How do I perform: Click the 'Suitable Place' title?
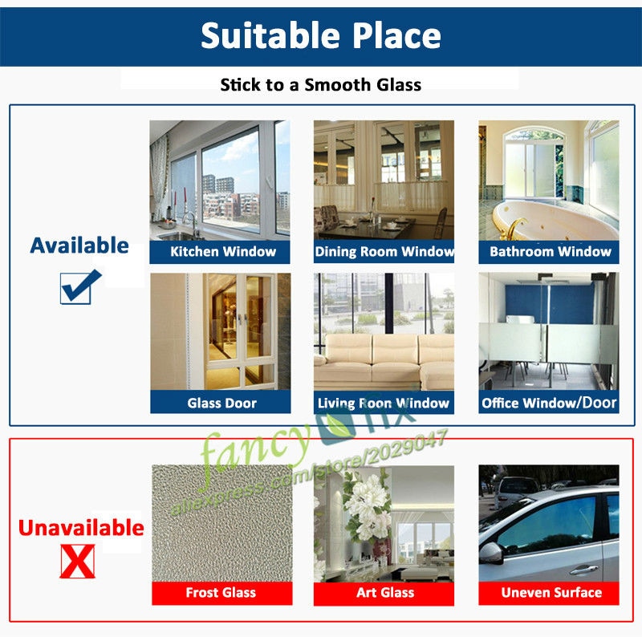tap(320, 35)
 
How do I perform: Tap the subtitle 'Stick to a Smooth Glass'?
tap(320, 85)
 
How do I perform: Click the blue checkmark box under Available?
tap(80, 287)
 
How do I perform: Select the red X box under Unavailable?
tap(77, 562)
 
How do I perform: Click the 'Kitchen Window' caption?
tap(223, 251)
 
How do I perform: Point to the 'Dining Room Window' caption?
tap(384, 251)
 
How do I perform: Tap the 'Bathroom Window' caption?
tap(551, 251)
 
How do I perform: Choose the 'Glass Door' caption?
tap(222, 404)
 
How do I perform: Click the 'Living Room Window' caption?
tap(384, 404)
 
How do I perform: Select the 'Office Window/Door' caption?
tap(549, 403)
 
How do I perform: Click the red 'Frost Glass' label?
tap(221, 592)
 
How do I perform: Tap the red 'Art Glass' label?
tap(385, 592)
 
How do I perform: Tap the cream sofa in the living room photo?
tap(384, 360)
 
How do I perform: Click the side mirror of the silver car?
tap(491, 553)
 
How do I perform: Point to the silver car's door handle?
tap(584, 570)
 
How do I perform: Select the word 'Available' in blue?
tap(79, 245)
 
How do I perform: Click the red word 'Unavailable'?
tap(81, 528)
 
